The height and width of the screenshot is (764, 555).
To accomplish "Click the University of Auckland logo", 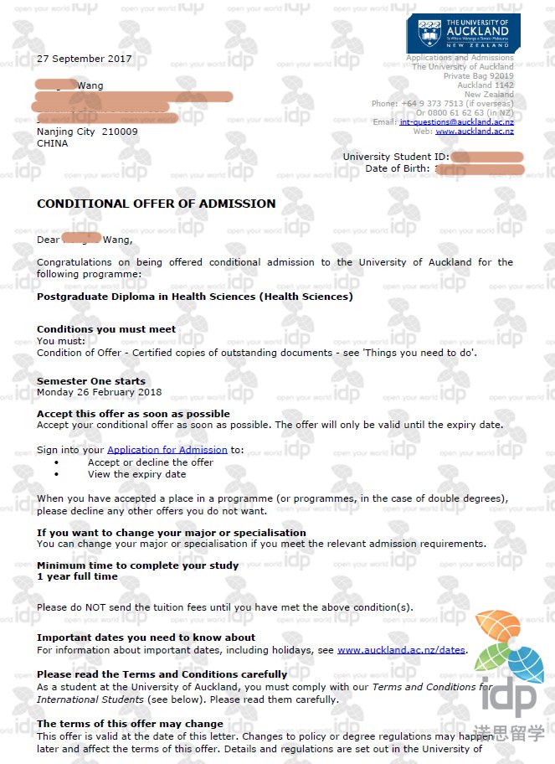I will coord(462,33).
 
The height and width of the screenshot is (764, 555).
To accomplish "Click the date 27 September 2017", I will coord(84,59).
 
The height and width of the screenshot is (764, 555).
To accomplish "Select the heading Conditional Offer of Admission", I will coord(156,204).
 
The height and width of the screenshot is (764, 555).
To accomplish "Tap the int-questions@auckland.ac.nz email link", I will coord(456,121).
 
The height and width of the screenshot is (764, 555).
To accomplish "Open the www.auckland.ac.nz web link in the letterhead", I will coord(474,132).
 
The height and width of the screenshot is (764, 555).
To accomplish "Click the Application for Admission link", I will coord(167,450).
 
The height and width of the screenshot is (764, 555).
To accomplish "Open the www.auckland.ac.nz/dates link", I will coord(401,649).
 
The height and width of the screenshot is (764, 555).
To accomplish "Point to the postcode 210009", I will coord(120,132).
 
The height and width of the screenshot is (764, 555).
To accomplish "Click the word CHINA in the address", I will coord(53,143).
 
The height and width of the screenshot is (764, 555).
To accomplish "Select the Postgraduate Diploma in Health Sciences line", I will coord(194,297).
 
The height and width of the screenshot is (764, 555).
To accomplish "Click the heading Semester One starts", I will coord(91,381).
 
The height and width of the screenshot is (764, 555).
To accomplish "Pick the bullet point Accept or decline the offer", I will coord(151,462).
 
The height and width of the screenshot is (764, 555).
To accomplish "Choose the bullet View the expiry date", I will coord(136,474).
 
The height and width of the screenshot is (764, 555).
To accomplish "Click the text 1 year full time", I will coord(77,576).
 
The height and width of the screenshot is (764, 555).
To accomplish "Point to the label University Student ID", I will coord(395,157).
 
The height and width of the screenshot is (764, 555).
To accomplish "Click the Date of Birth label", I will coord(397,168).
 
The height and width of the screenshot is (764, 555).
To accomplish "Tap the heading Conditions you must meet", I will coord(106,329).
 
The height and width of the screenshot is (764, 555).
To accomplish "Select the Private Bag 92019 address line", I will coord(478,76).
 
